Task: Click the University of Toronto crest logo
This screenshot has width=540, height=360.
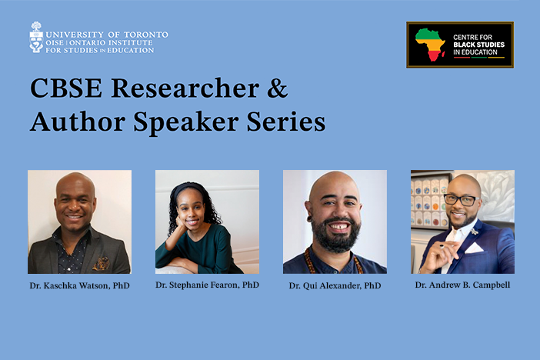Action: pyautogui.click(x=36, y=37)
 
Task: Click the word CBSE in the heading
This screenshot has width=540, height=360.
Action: pyautogui.click(x=66, y=88)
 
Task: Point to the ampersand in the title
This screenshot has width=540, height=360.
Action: pyautogui.click(x=277, y=88)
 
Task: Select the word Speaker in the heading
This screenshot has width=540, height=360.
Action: pyautogui.click(x=186, y=122)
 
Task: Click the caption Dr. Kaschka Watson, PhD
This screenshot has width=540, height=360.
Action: pyautogui.click(x=79, y=285)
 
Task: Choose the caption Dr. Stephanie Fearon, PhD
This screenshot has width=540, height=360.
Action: pyautogui.click(x=208, y=285)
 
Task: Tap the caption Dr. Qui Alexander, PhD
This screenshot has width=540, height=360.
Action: pyautogui.click(x=335, y=285)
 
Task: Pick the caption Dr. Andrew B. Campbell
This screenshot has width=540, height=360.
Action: pyautogui.click(x=462, y=285)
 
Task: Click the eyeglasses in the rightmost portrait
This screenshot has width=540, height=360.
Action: pyautogui.click(x=462, y=200)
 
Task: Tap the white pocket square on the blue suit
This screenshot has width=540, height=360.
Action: pyautogui.click(x=475, y=248)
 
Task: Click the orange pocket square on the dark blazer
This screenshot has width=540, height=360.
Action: pyautogui.click(x=102, y=264)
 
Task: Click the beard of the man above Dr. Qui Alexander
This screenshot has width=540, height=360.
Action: pyautogui.click(x=335, y=235)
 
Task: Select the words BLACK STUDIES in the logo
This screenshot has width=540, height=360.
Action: pyautogui.click(x=478, y=45)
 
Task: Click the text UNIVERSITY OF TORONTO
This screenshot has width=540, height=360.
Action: pyautogui.click(x=107, y=35)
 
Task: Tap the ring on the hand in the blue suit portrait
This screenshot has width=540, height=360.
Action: pyautogui.click(x=442, y=246)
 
